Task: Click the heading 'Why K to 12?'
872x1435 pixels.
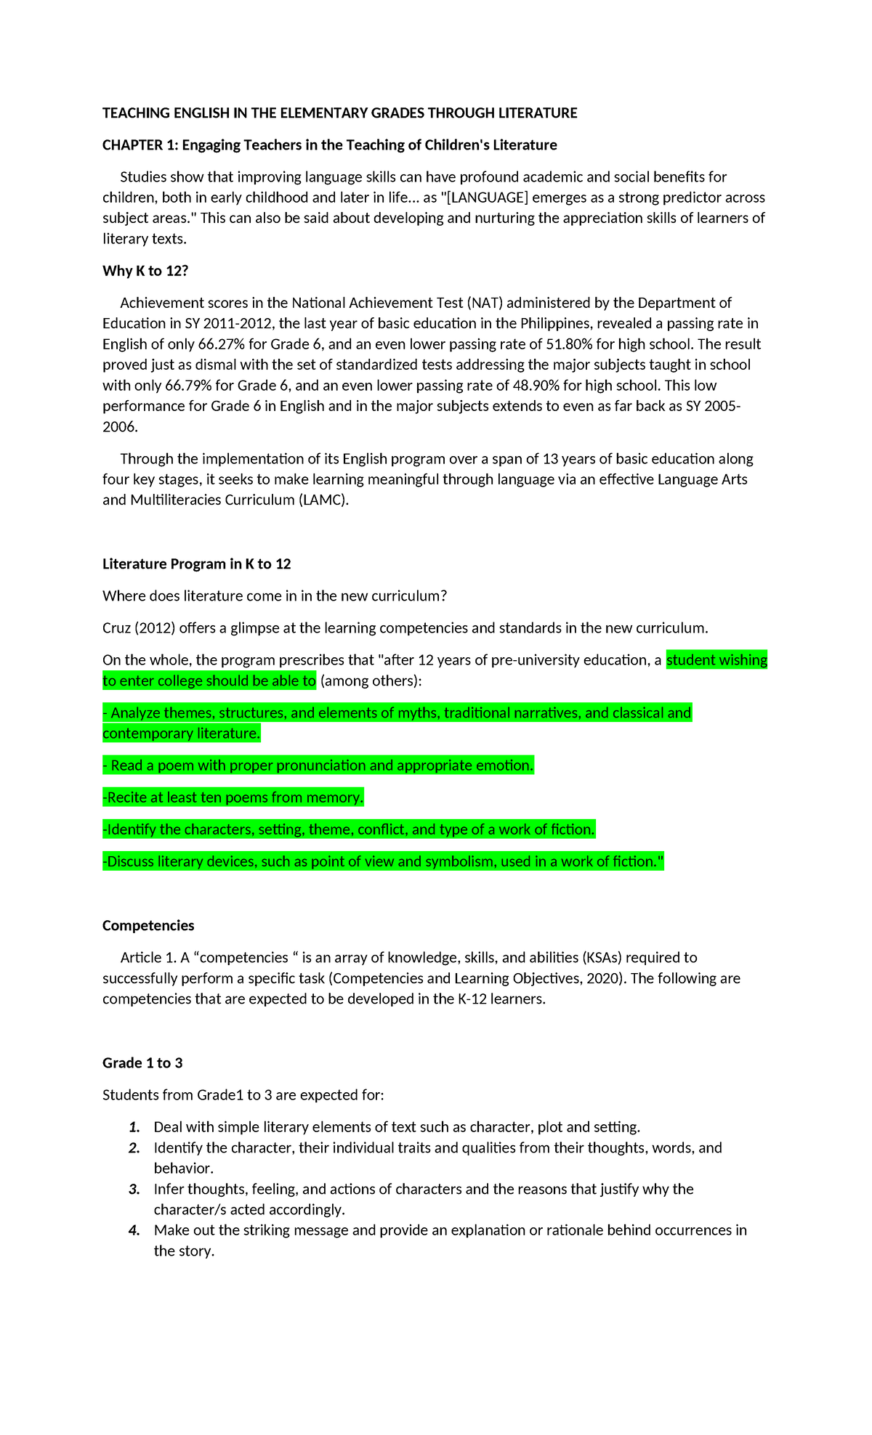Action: tap(145, 271)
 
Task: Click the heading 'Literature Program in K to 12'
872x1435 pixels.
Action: tap(196, 564)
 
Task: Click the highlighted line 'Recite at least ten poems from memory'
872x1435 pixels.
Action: tap(233, 797)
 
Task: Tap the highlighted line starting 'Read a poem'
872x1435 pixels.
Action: tap(318, 765)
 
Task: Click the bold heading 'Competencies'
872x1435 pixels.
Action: tap(148, 926)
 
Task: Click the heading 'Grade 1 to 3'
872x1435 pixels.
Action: tap(142, 1063)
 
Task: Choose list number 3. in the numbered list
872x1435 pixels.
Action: tap(134, 1189)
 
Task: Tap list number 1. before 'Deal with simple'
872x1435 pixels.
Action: tap(134, 1127)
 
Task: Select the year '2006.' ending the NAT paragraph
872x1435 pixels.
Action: tap(120, 427)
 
